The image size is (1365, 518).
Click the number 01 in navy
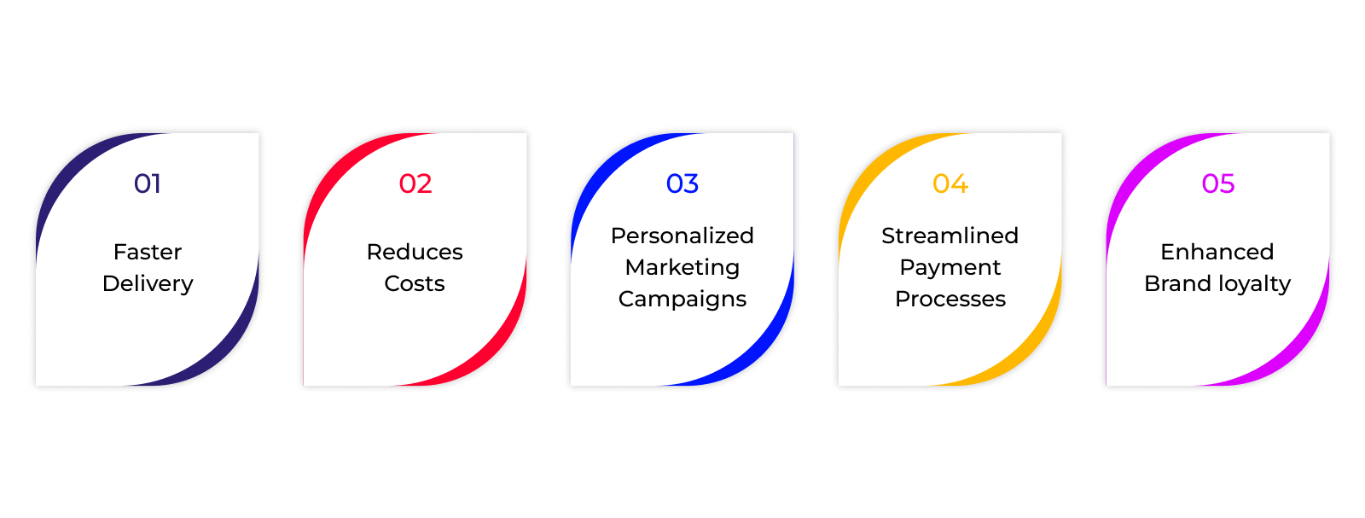148,183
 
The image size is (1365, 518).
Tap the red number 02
415,183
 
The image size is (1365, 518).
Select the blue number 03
682,183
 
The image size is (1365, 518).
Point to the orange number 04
950,183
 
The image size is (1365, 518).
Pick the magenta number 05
1218,183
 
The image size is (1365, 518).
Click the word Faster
148,252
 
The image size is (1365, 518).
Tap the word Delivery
148,284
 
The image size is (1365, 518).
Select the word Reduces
415,252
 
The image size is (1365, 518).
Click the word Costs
415,283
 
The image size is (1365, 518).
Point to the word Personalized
682,236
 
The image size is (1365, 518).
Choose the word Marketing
682,267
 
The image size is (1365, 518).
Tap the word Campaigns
682,300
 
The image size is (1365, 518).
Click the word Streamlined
950,236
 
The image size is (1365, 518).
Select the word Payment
950,267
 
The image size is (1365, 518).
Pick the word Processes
950,299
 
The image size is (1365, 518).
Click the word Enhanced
1217,252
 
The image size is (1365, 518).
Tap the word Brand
1178,283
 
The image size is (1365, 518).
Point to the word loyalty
1254,284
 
